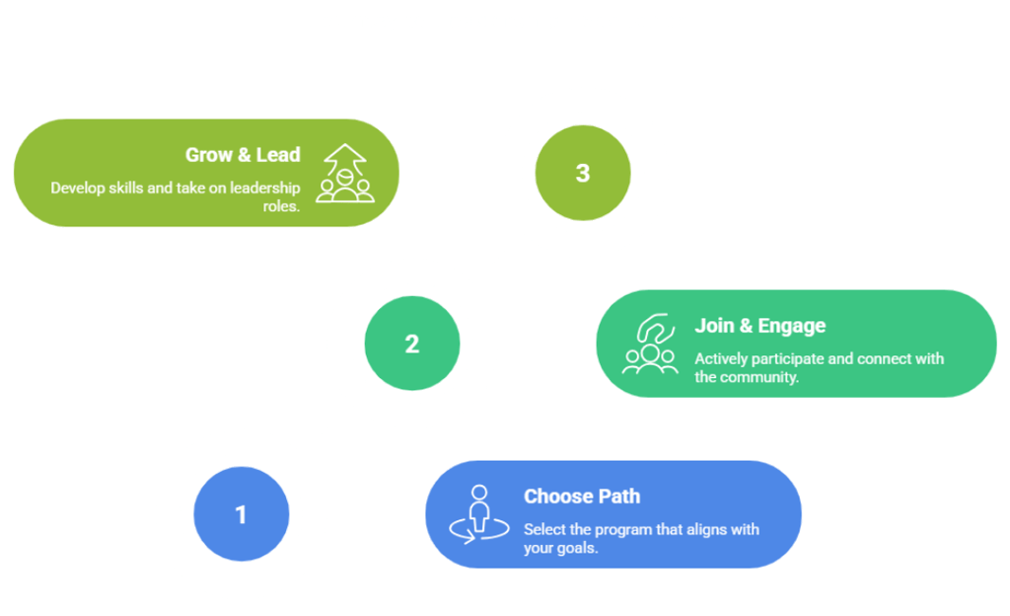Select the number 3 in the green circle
[x=583, y=173]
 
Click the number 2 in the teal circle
[x=411, y=344]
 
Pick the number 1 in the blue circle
[x=241, y=514]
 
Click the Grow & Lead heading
[x=243, y=155]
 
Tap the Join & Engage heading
[x=759, y=326]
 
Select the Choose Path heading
[x=581, y=497]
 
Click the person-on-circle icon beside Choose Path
[x=479, y=514]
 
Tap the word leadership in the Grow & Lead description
[x=269, y=188]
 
